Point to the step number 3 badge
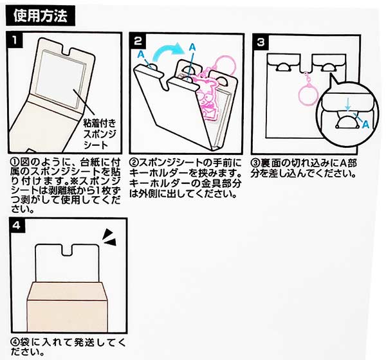tap(261, 43)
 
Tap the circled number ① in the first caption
tap(14, 161)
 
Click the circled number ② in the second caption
tap(135, 161)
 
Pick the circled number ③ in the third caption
tap(256, 161)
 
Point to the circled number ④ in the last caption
tap(14, 340)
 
